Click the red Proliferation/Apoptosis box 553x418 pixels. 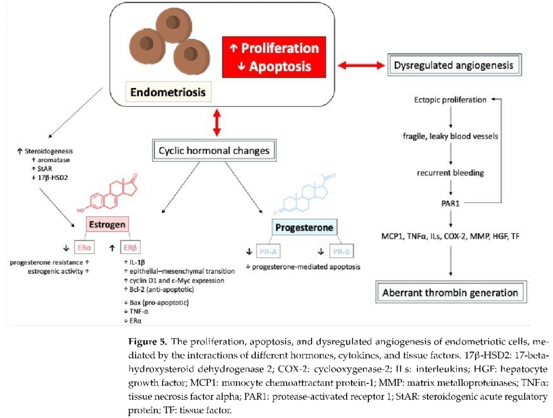click(x=274, y=57)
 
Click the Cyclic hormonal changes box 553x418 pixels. click(x=214, y=151)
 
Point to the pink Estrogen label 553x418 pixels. click(x=107, y=225)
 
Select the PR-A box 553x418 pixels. click(x=268, y=252)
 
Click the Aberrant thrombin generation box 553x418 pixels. click(x=450, y=293)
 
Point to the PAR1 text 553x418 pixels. click(x=450, y=203)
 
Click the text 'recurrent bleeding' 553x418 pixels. click(x=450, y=173)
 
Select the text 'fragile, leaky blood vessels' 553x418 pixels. click(x=450, y=136)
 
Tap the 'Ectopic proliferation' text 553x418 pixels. click(x=450, y=100)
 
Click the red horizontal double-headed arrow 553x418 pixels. click(x=361, y=66)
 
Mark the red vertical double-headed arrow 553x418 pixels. click(x=217, y=123)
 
